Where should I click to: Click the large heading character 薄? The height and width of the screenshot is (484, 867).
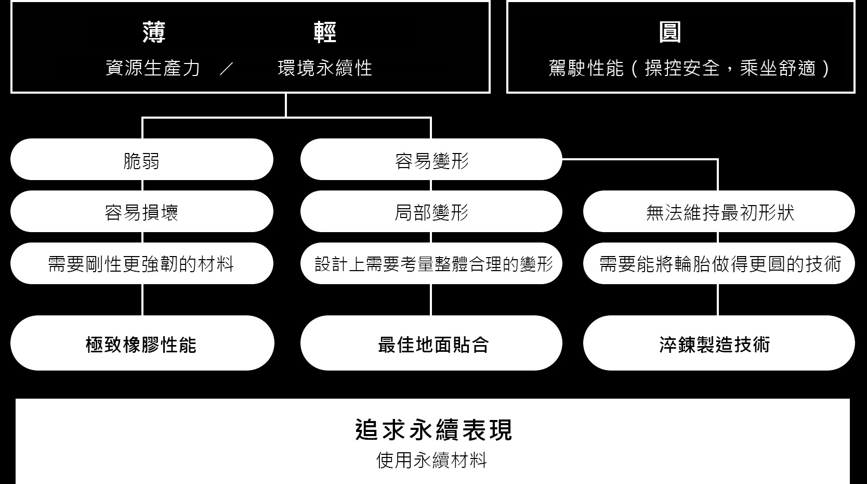pos(154,32)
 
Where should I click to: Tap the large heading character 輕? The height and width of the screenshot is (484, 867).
pos(325,32)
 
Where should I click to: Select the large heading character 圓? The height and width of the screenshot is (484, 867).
pos(670,32)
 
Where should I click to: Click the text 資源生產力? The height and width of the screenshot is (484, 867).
pos(153,68)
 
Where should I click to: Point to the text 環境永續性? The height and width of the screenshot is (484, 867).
pos(325,68)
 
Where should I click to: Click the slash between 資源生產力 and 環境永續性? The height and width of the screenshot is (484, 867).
pos(227,69)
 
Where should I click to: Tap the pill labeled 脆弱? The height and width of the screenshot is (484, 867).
pos(142,159)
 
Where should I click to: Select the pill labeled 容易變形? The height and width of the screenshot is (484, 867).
pos(431,159)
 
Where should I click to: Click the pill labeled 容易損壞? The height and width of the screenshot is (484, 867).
pos(142,211)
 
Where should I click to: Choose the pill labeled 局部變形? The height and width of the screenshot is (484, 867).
pos(431,211)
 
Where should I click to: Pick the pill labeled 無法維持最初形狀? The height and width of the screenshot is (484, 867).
pos(719,211)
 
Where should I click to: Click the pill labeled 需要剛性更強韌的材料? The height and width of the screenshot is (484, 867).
pos(142,263)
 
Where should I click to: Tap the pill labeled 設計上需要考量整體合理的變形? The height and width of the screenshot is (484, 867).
pos(431,263)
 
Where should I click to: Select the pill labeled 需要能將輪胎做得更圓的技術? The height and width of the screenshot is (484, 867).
pos(719,263)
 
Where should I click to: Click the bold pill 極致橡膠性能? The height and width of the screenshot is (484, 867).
pos(142,343)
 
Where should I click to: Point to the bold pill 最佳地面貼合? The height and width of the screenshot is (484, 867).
pos(431,343)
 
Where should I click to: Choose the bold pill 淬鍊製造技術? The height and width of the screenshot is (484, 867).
pos(719,343)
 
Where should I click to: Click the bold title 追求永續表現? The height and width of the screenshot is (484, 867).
pos(433,430)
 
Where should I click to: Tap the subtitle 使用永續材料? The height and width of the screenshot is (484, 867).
pos(431,461)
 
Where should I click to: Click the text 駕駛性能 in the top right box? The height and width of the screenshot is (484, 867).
pos(586,69)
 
